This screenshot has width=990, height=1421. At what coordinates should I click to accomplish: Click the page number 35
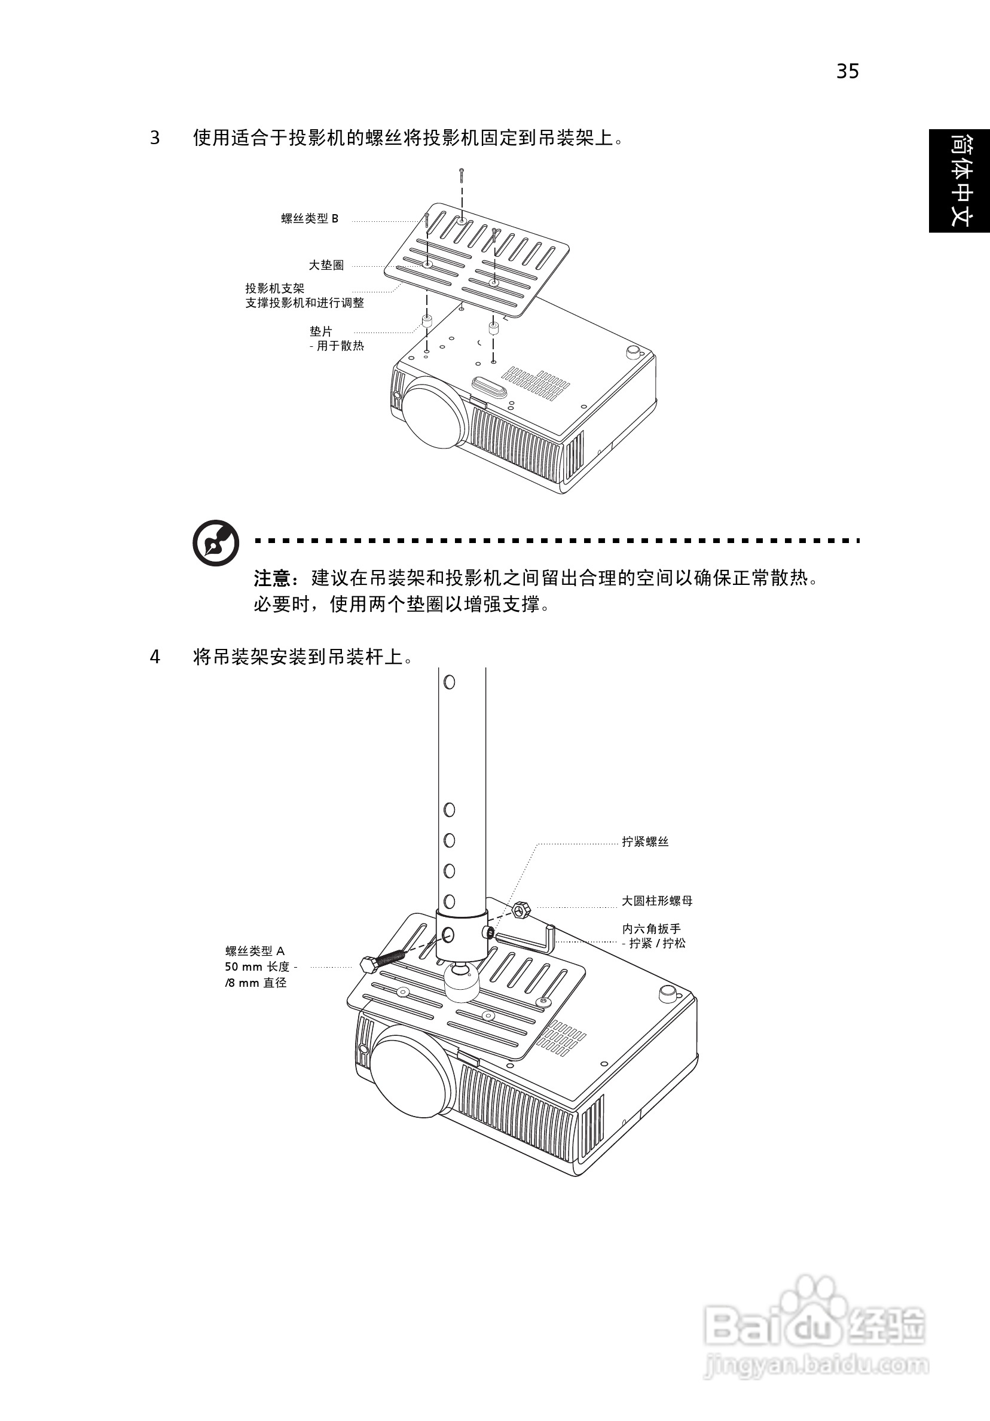point(847,72)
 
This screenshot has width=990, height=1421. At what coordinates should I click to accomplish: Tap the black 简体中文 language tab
point(959,180)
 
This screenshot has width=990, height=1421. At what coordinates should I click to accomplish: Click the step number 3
point(155,138)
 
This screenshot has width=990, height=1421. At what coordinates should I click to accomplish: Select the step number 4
point(155,657)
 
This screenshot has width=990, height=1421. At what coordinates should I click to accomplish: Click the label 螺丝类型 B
point(310,218)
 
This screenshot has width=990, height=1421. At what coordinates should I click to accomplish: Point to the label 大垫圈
point(326,266)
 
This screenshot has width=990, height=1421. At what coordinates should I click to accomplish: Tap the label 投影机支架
point(275,288)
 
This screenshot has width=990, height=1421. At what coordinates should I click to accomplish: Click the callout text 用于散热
point(340,346)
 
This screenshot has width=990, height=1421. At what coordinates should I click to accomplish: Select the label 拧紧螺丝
point(644,841)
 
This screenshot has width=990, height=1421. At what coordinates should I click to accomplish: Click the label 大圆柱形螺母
point(656,901)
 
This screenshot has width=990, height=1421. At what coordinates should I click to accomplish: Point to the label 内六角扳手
point(651,929)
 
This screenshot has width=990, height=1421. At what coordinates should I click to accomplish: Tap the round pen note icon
point(216,543)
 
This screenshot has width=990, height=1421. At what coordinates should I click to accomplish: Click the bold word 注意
point(271,579)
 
